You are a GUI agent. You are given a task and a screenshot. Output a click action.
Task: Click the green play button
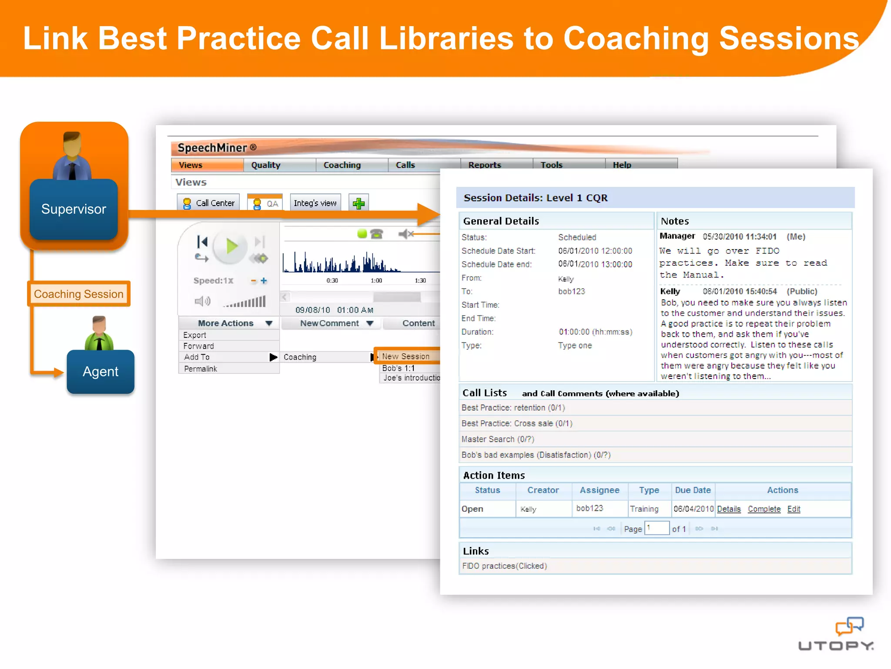coord(231,247)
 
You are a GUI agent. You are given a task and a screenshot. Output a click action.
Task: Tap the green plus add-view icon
coord(358,203)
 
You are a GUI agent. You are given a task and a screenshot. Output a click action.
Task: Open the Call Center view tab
coord(209,203)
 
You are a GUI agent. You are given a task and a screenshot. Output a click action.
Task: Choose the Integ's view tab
coord(315,203)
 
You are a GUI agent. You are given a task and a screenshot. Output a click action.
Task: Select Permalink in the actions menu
coord(201,369)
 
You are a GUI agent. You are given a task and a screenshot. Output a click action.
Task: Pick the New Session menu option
coord(406,356)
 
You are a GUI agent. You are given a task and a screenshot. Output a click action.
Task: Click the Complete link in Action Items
coord(764,509)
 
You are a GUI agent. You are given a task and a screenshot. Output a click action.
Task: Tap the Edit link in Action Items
coord(794,509)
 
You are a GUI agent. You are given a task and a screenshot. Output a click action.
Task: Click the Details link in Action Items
coord(729,509)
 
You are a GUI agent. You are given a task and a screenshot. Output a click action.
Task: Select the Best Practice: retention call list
coord(513,408)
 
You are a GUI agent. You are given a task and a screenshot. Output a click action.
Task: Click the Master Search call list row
coord(498,439)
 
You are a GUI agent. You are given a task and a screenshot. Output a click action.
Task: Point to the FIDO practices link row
coord(504,566)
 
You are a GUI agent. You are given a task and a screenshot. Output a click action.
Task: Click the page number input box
coord(657,528)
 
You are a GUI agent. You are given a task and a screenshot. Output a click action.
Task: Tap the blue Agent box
coord(100,372)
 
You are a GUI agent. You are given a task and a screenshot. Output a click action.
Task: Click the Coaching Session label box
coord(79,294)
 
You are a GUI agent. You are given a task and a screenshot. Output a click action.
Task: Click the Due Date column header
coord(693,490)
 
